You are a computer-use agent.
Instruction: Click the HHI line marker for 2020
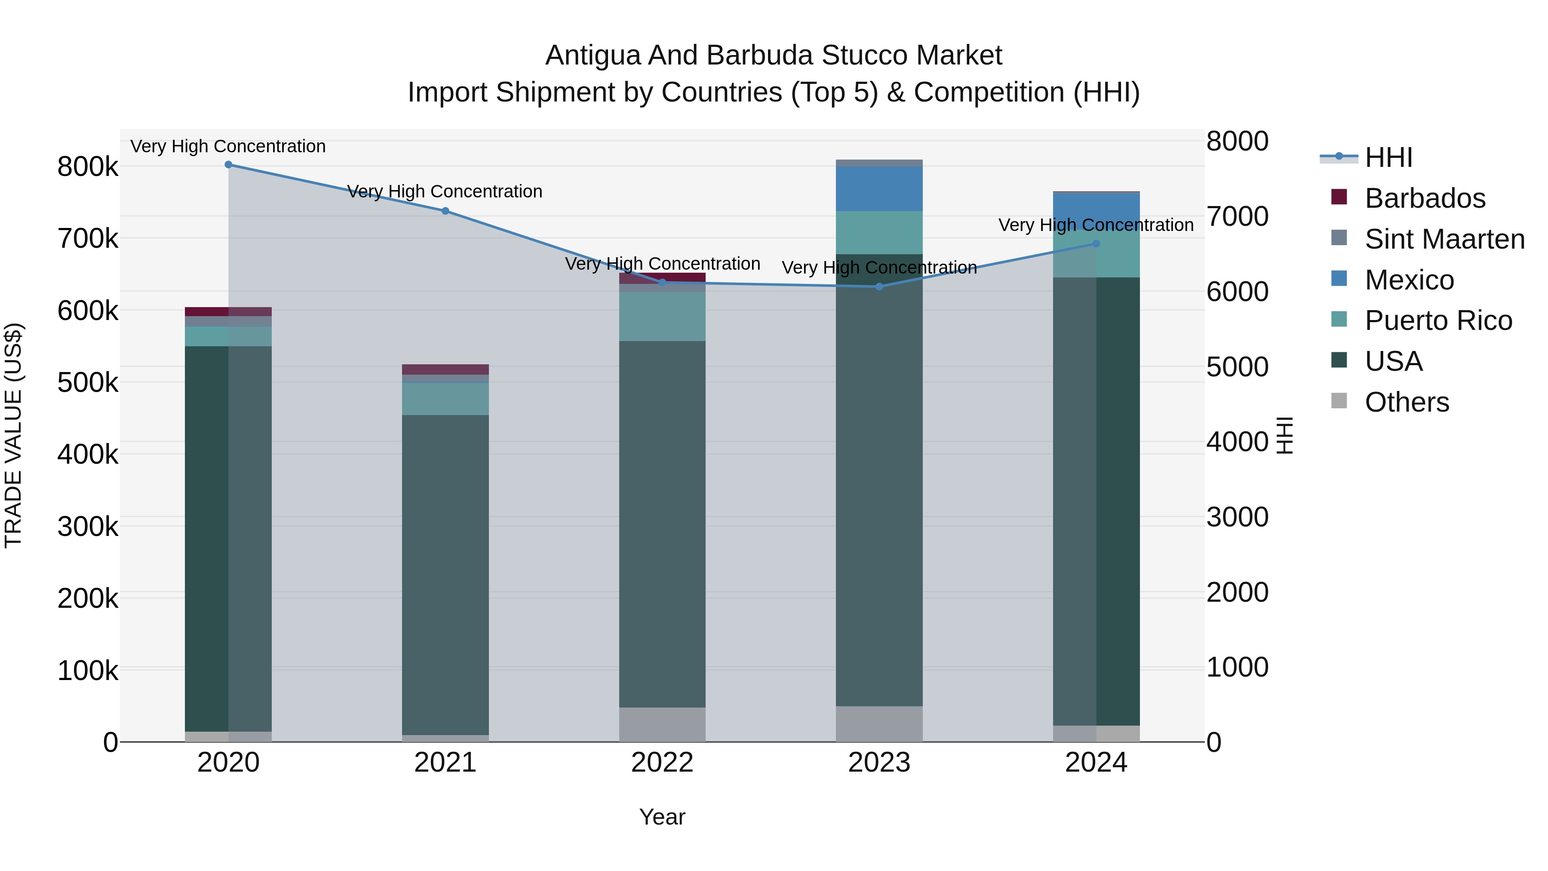coord(228,165)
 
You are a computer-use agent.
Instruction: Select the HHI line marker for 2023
coord(879,287)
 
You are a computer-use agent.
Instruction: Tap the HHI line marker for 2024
coord(1096,244)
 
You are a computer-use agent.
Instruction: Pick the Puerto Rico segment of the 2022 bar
coord(662,317)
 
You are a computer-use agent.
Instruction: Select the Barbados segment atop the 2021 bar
coord(445,369)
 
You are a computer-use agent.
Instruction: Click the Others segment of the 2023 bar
coord(879,724)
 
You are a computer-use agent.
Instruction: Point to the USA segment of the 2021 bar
coord(445,574)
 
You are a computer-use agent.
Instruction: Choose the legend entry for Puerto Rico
coord(1438,320)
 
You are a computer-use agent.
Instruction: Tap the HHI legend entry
coord(1388,157)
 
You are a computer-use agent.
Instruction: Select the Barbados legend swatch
coord(1339,197)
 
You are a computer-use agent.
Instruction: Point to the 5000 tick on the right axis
coord(1237,367)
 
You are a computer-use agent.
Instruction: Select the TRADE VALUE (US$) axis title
coord(13,435)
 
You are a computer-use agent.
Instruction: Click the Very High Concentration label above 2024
coord(1096,225)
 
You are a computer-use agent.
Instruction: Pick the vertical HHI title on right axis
coord(1284,435)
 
